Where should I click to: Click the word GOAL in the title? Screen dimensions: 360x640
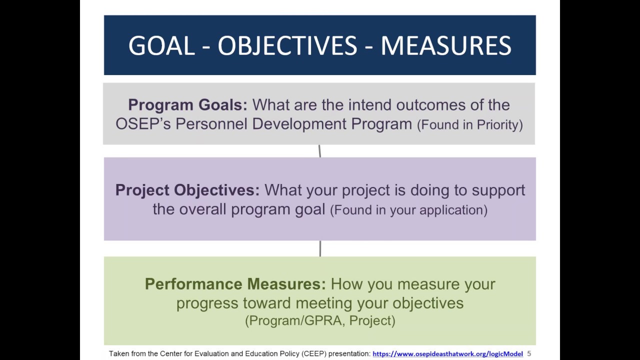coord(161,46)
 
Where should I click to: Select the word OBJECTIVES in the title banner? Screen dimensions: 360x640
coord(287,46)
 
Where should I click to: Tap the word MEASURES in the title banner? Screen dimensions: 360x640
coord(445,46)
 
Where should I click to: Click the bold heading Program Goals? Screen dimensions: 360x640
coord(187,105)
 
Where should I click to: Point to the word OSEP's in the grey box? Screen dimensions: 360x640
coord(143,124)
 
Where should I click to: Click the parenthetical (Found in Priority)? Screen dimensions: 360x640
coord(469,124)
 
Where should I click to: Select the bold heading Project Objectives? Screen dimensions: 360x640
coord(187,190)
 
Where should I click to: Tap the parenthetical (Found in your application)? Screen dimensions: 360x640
coord(408,210)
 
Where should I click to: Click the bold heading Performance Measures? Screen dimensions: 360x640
coord(235,284)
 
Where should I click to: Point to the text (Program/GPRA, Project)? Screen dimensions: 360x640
coord(320,320)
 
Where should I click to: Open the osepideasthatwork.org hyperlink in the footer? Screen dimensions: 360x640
coord(447,354)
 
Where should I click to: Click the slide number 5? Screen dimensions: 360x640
coord(529,354)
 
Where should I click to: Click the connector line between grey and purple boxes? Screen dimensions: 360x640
coord(319,151)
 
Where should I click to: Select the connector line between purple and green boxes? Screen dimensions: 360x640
coord(320,248)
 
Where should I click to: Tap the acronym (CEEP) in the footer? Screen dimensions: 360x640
coord(314,354)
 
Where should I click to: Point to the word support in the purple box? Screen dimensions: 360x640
coord(498,190)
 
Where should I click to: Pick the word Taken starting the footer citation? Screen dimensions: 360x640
coord(118,354)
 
